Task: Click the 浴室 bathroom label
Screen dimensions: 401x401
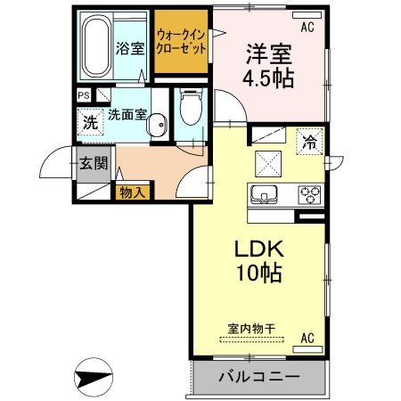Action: point(131,48)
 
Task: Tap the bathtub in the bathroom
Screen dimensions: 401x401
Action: point(95,47)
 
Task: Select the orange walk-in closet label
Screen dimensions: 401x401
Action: point(181,41)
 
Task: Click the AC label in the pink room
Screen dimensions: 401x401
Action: point(307,26)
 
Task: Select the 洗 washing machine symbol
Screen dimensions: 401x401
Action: point(91,123)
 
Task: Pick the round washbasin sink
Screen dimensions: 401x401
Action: point(158,127)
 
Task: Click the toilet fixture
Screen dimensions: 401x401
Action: point(188,110)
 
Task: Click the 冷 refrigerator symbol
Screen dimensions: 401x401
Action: point(309,141)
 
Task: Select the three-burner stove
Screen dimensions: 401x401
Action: point(309,194)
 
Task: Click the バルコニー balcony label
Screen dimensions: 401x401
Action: point(258,377)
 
